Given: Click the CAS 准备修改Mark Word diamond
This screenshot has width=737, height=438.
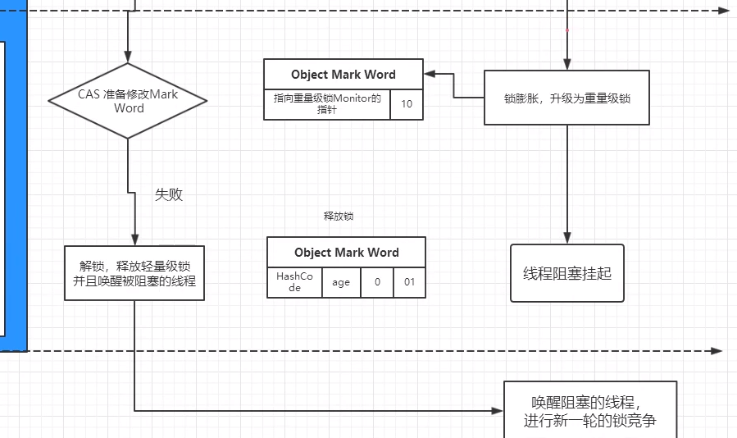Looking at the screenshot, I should click(128, 101).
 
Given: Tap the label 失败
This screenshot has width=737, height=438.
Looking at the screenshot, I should click(169, 194).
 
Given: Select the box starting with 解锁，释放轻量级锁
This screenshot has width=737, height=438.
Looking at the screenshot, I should click(134, 273).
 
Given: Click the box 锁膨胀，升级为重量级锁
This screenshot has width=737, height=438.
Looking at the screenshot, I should click(566, 98).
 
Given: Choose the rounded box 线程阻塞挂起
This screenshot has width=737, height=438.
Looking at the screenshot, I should click(566, 273).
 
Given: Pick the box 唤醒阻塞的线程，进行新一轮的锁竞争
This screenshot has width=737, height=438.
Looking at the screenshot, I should click(589, 411).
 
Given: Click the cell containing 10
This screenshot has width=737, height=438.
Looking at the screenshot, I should click(407, 104).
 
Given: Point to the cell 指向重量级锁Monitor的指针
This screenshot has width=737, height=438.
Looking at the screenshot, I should click(327, 104).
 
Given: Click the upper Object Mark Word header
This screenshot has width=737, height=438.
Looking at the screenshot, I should click(343, 75).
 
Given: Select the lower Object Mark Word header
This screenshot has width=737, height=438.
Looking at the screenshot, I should click(346, 253).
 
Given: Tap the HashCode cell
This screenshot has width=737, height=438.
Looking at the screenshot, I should click(289, 282).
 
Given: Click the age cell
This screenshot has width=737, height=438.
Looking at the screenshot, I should click(341, 282).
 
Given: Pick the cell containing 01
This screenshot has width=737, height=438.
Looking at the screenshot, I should click(409, 282).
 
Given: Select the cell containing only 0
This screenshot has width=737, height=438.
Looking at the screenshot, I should click(377, 282).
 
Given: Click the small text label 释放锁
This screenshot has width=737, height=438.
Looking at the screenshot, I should click(339, 217).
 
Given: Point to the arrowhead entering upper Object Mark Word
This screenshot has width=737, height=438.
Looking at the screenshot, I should click(429, 75).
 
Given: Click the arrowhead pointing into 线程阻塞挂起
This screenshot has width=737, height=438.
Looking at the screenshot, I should click(566, 239).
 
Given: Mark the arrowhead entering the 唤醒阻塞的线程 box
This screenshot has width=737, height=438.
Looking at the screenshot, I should click(498, 411).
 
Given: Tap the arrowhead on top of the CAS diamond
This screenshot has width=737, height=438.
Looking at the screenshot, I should click(128, 57).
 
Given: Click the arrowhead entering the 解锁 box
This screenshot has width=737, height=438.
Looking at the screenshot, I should click(134, 240).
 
